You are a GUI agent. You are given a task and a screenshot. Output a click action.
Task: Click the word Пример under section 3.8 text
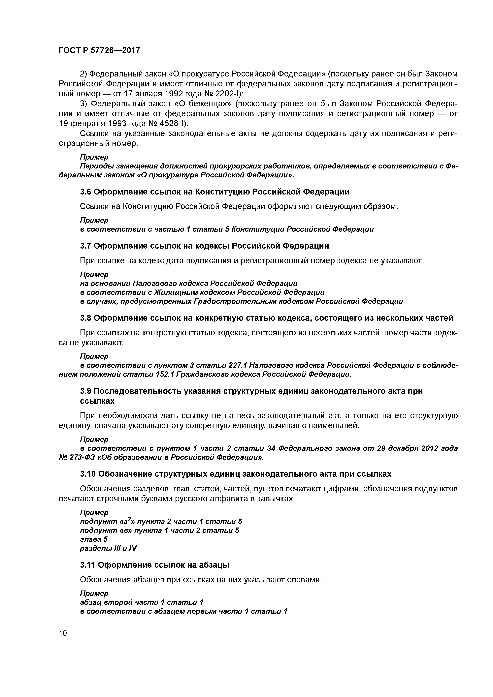pos(94,356)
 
